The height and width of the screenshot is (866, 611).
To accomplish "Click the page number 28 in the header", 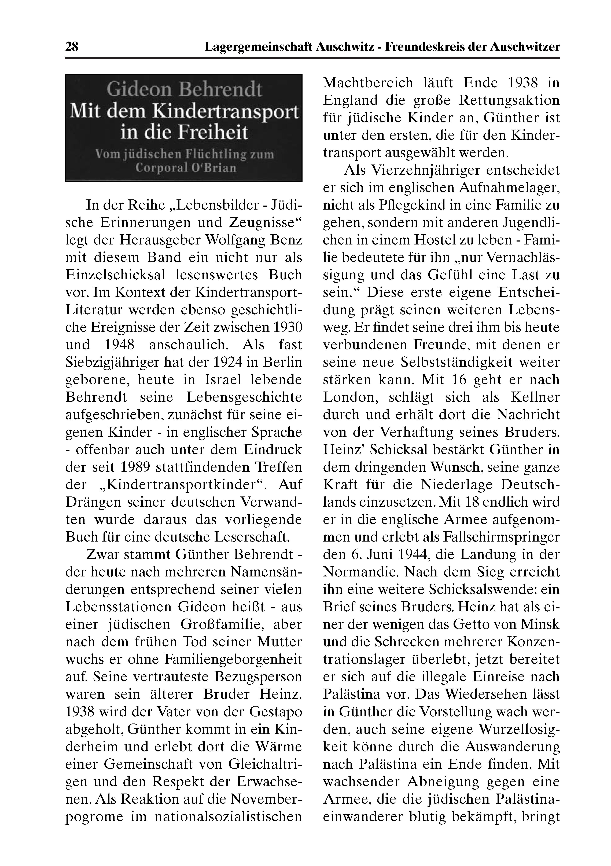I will pyautogui.click(x=72, y=47).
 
